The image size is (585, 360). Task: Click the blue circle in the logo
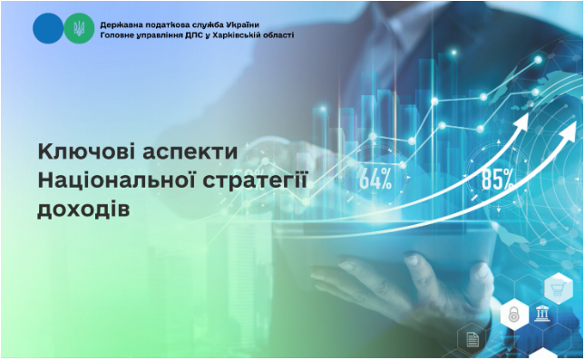[x=47, y=28]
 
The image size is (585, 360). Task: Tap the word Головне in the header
[x=121, y=34]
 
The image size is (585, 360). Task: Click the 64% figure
[x=375, y=179]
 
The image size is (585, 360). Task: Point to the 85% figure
[x=498, y=179]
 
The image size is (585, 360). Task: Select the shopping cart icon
[x=554, y=289]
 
